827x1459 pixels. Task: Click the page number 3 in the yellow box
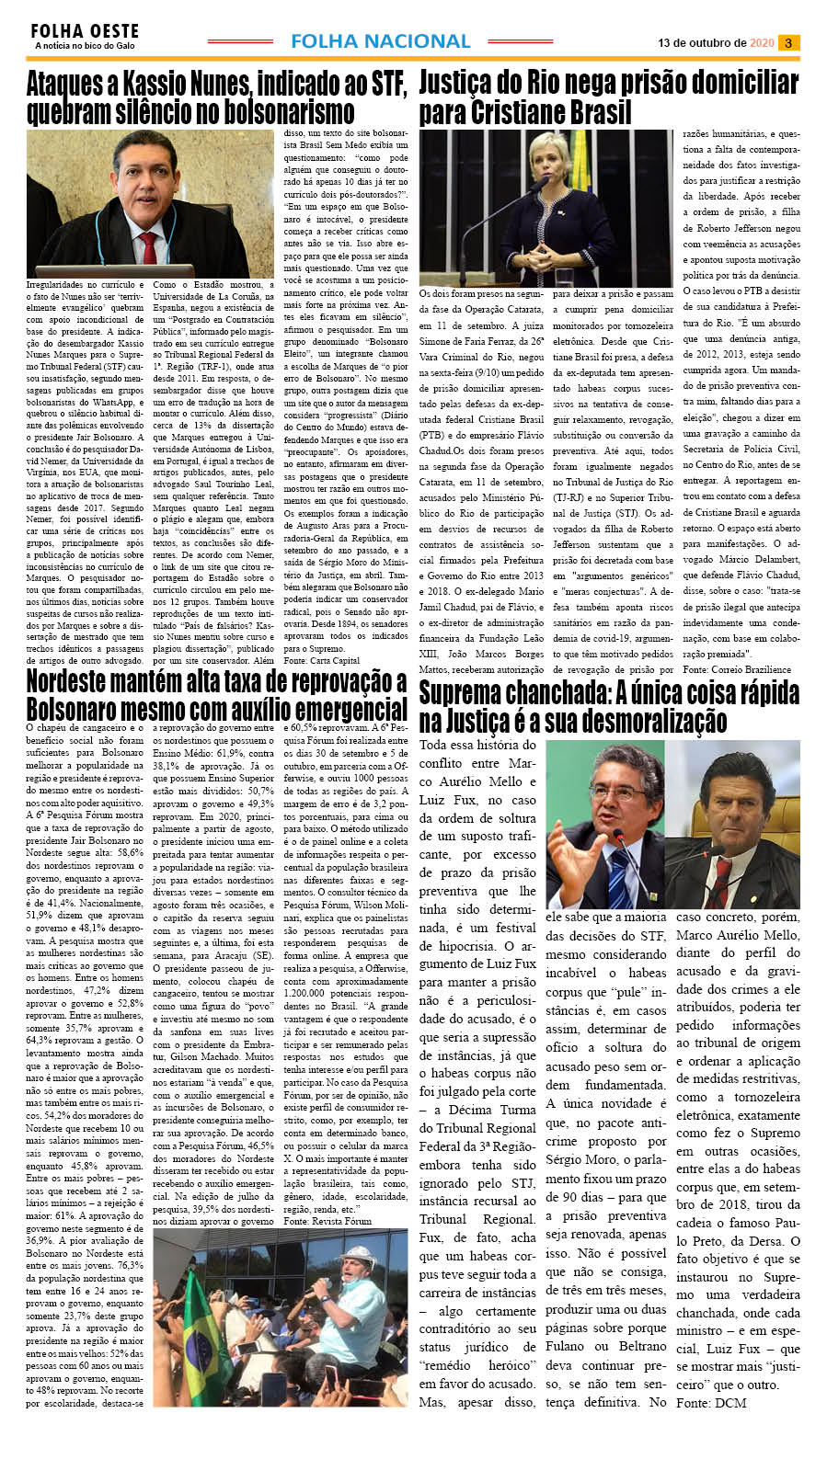pos(788,42)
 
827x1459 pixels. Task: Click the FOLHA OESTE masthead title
pos(85,31)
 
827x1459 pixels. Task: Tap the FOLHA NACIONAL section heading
pos(380,41)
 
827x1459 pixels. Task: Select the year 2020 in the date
pos(762,43)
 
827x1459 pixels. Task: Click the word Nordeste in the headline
pos(75,682)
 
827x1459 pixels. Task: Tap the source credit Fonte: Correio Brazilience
pos(737,669)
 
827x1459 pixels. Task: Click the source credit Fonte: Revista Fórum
pos(327,1221)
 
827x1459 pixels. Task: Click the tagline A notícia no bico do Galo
pos(85,46)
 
